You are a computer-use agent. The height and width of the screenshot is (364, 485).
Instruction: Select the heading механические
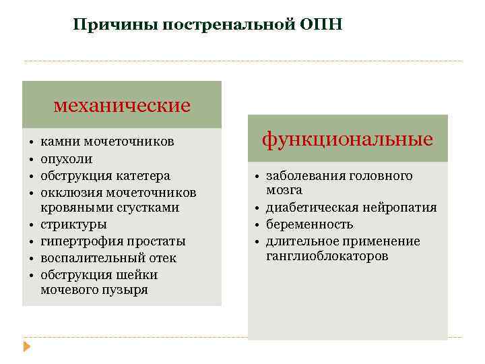(x=122, y=106)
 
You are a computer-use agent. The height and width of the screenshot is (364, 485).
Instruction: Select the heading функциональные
(x=348, y=139)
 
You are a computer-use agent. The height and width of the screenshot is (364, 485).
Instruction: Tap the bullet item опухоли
(x=67, y=159)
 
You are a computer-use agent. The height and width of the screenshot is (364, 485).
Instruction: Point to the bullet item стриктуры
(x=73, y=224)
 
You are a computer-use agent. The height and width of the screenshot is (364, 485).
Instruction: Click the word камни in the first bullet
(x=59, y=142)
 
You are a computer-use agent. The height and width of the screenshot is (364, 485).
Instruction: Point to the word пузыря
(x=127, y=290)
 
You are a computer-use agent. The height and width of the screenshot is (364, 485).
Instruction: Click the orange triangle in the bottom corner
(x=27, y=347)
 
